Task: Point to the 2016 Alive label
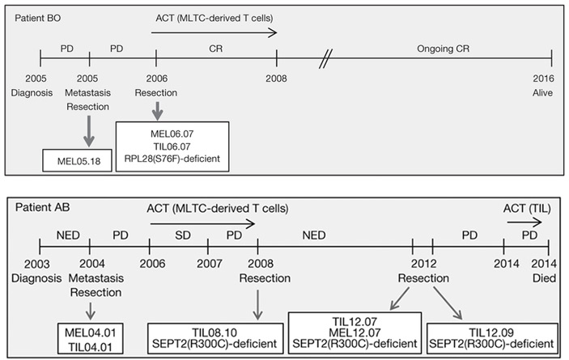(x=552, y=87)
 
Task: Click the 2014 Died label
(x=550, y=271)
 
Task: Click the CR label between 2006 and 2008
(x=216, y=49)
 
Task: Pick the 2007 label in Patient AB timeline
(x=209, y=264)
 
